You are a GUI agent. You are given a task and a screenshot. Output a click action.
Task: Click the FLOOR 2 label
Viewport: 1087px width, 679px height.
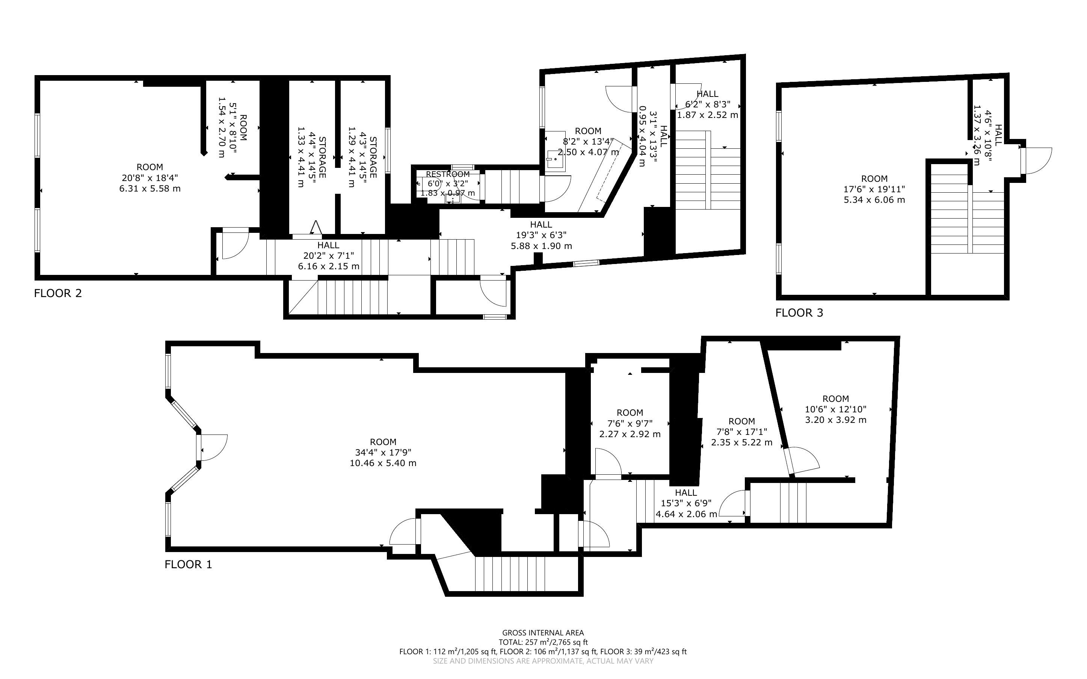58,293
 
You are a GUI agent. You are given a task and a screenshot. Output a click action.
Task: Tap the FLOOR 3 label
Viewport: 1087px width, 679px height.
799,313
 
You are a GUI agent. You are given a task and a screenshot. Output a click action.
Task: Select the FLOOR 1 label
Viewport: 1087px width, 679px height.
188,564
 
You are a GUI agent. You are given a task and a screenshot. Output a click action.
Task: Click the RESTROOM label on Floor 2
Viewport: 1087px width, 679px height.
448,174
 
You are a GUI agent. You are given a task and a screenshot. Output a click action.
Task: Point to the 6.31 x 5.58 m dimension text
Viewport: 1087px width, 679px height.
150,189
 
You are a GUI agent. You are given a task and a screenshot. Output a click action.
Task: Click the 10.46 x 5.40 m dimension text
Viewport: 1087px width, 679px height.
383,463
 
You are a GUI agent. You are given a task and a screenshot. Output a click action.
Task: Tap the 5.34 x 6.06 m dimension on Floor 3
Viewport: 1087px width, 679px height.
874,200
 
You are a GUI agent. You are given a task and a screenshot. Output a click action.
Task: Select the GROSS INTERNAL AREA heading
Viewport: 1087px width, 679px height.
543,633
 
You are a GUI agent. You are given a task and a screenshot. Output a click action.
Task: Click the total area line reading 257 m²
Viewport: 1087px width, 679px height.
543,642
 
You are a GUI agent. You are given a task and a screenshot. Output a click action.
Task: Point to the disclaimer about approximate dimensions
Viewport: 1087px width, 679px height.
543,661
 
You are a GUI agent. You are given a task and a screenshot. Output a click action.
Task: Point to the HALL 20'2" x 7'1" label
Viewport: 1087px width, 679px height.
329,255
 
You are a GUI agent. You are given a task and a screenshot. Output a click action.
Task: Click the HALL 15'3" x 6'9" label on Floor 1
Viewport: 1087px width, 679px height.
686,503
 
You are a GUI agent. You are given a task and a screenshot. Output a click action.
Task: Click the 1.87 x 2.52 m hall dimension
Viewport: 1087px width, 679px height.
708,115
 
